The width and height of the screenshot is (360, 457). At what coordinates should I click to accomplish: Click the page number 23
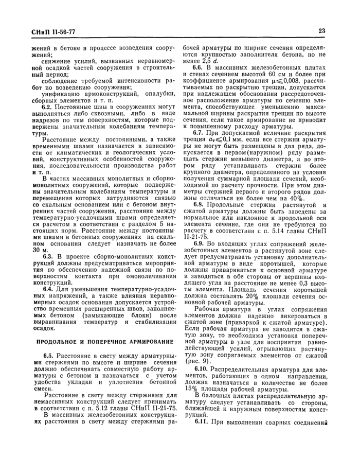tap(322, 31)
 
